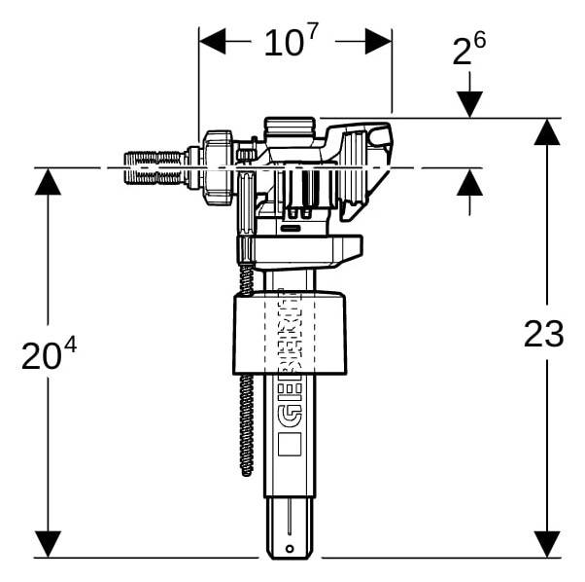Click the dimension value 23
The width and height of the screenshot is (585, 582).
tap(543, 334)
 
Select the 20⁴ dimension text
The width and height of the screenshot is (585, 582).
tap(49, 354)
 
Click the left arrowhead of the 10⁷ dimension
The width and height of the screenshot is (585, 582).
tap(213, 42)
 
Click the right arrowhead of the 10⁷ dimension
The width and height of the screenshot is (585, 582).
tap(378, 42)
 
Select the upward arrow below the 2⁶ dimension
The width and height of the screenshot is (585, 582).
tap(469, 182)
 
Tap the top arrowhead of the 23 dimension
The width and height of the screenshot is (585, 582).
tap(547, 132)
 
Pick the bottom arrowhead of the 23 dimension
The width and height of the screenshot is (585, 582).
tap(547, 544)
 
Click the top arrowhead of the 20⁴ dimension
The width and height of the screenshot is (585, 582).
tap(48, 182)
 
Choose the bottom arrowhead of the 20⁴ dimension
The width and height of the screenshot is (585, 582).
tap(48, 544)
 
